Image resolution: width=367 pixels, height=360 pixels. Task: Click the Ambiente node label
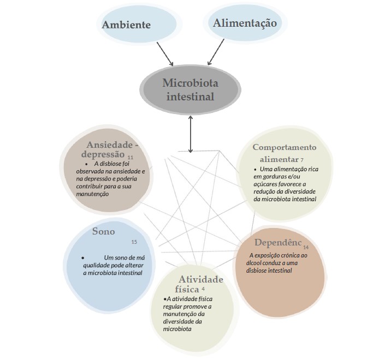pyautogui.click(x=126, y=25)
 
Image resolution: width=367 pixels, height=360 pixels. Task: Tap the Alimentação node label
pyautogui.click(x=245, y=23)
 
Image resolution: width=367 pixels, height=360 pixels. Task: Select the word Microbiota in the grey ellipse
pyautogui.click(x=190, y=83)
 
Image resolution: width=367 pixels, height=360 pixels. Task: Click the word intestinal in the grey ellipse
pyautogui.click(x=190, y=97)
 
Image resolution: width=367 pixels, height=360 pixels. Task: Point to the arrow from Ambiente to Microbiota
pyautogui.click(x=165, y=54)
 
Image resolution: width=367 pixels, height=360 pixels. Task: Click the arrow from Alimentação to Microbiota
pyautogui.click(x=216, y=52)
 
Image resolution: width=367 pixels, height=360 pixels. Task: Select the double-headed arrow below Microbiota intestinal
pyautogui.click(x=191, y=134)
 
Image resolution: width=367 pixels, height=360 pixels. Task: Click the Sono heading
pyautogui.click(x=103, y=231)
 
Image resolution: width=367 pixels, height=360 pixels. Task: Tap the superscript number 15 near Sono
pyautogui.click(x=134, y=242)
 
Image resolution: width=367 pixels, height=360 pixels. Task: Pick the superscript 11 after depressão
pyautogui.click(x=131, y=157)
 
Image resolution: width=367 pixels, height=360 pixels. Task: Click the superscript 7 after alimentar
pyautogui.click(x=302, y=160)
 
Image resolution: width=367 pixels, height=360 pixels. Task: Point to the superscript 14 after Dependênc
pyautogui.click(x=306, y=247)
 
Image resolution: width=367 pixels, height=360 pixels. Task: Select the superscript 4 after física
pyautogui.click(x=203, y=289)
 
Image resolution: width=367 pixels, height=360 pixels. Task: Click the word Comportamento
pyautogui.click(x=285, y=147)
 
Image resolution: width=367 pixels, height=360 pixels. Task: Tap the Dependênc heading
pyautogui.click(x=278, y=242)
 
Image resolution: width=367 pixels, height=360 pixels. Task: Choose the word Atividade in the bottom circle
pyautogui.click(x=201, y=279)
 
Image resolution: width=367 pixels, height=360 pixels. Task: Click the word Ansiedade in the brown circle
pyautogui.click(x=110, y=145)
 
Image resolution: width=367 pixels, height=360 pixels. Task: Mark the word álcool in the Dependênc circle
pyautogui.click(x=253, y=263)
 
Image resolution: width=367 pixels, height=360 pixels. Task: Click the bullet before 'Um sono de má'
pyautogui.click(x=82, y=258)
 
